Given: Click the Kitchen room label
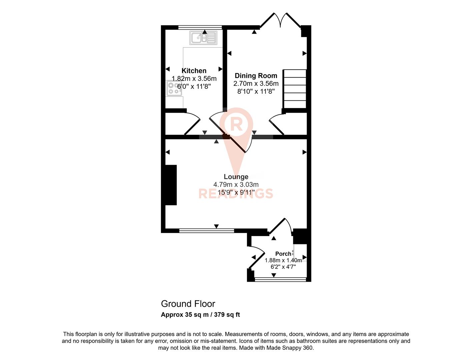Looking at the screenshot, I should point(194,71).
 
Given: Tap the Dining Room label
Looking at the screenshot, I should point(256,76).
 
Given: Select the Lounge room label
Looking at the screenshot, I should point(236,177).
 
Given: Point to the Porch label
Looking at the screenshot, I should point(283,254).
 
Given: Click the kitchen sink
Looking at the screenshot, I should point(203,38).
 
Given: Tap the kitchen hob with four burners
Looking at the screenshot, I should point(174,88).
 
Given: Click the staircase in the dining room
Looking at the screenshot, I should point(295,89).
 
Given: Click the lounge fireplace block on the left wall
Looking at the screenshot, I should point(171,185).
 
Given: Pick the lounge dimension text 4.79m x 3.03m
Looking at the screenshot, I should point(236,184).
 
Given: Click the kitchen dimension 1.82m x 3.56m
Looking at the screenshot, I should point(194,79).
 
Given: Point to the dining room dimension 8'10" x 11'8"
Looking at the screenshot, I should point(256,91).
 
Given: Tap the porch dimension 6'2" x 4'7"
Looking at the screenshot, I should point(283,267).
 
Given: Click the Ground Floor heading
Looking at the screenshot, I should point(188,304).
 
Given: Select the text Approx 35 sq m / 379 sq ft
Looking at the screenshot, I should point(200,315).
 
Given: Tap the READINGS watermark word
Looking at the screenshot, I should point(236,194).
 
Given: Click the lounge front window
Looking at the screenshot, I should point(206,230).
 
